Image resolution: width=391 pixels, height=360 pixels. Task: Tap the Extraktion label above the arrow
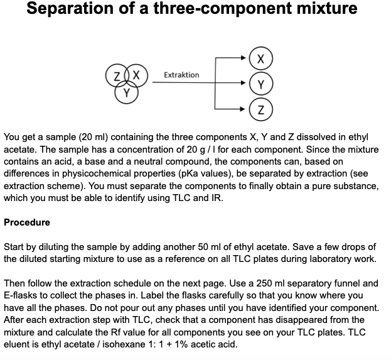coord(181,75)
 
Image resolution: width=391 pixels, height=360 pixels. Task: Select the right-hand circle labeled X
coord(260,58)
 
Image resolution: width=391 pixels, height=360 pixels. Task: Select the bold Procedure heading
coord(27,222)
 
